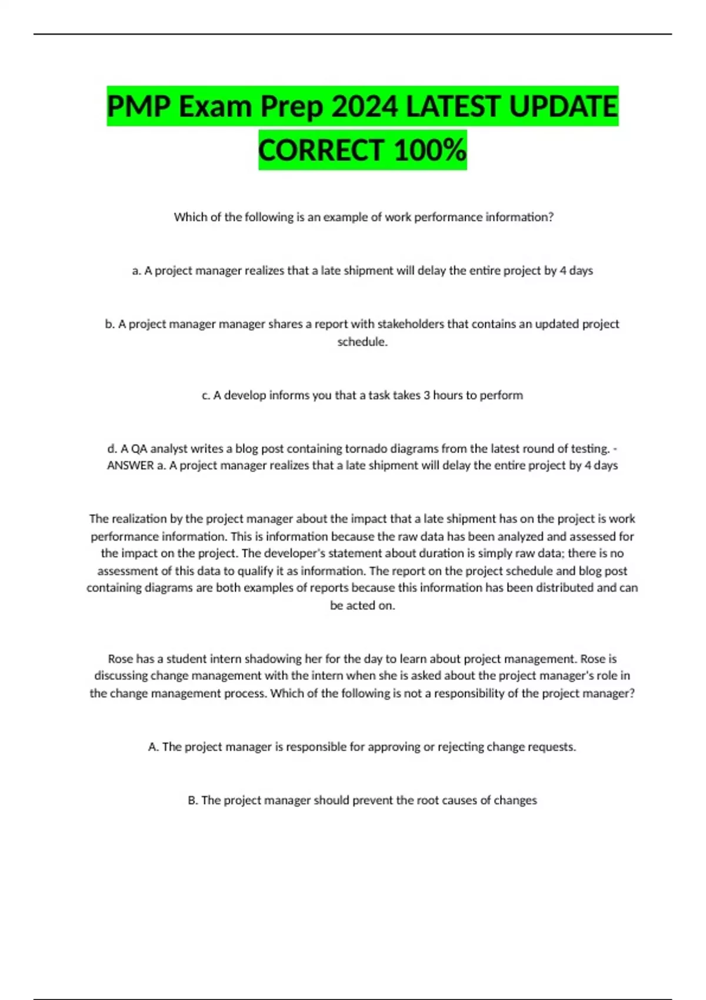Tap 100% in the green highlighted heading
[x=430, y=150]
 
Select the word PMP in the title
[x=138, y=106]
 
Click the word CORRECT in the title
[x=321, y=150]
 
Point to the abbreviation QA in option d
[x=139, y=449]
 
